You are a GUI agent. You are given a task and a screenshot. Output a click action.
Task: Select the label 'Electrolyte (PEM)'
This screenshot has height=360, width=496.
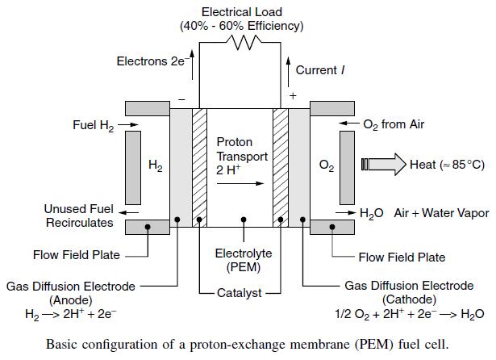point(243,259)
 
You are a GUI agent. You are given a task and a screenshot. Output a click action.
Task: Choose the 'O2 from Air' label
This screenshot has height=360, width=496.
point(394,124)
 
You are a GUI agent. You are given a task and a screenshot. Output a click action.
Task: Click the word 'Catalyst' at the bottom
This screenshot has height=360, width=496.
point(240,292)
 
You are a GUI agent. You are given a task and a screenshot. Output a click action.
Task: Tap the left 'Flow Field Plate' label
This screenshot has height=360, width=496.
point(76,255)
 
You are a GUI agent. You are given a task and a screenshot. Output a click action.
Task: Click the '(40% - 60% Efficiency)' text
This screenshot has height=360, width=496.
point(241,26)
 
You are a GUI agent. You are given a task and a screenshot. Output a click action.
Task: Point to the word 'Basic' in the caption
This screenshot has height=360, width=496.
point(64,343)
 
